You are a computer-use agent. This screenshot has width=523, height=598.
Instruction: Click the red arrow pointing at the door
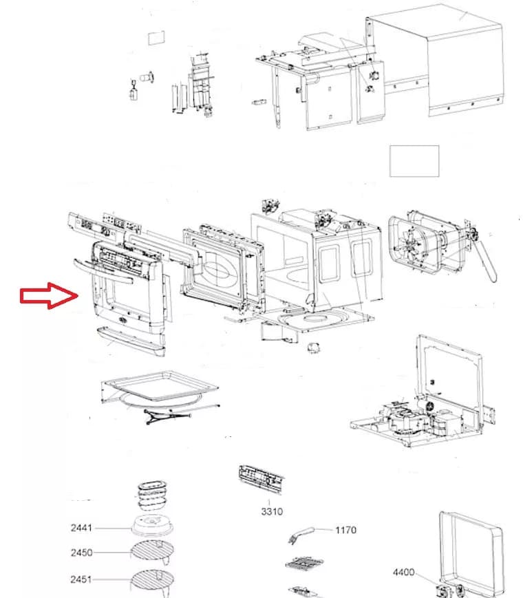46,296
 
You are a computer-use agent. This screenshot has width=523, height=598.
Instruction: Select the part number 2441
81,528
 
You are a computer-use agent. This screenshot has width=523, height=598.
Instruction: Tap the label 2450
81,553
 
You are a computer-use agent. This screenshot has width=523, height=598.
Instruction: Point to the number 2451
81,579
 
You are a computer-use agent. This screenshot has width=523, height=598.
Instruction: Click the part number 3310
271,511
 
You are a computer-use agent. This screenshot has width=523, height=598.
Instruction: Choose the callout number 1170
346,530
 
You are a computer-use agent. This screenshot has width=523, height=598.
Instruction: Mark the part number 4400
404,573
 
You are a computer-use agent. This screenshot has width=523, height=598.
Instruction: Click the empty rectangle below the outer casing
414,161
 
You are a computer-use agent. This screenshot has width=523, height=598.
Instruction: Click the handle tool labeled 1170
303,533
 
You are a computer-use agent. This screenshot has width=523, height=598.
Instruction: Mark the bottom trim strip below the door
131,341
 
